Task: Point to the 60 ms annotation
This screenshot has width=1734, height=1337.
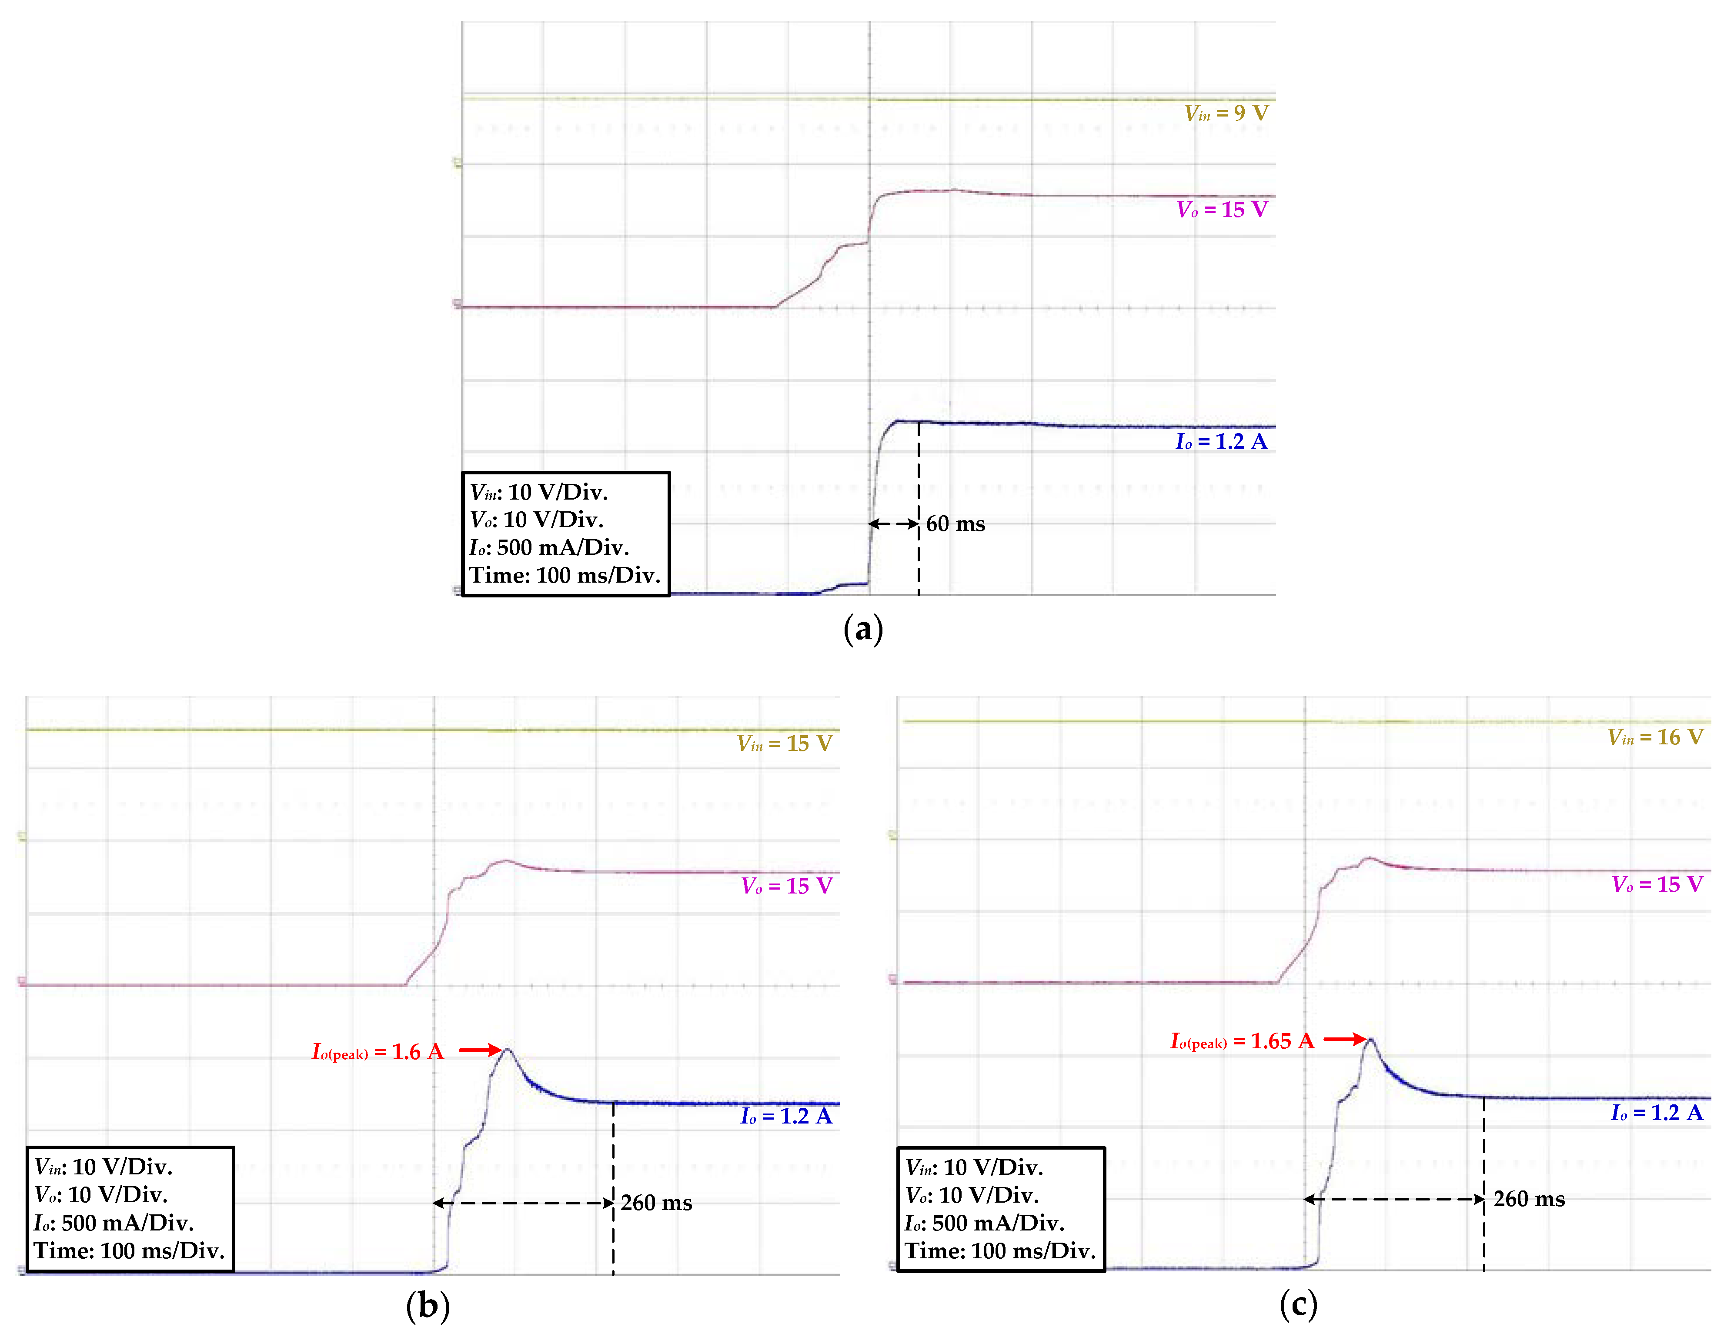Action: [x=955, y=524]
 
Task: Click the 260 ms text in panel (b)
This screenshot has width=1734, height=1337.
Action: [x=656, y=1203]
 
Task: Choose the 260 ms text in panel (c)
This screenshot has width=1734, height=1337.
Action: [x=1528, y=1199]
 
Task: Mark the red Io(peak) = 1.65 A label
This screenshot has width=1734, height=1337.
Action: [x=1242, y=1041]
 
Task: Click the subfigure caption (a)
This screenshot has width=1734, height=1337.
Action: [x=863, y=630]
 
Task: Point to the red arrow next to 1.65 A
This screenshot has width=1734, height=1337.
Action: [x=1344, y=1038]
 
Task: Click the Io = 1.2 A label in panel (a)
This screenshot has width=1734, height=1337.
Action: [x=1221, y=441]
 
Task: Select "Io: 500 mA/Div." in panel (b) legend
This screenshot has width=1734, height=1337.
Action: [x=114, y=1223]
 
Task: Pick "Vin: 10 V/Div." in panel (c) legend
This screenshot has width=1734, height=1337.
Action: [x=974, y=1167]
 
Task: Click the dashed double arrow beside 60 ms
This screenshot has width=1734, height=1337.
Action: [x=893, y=524]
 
